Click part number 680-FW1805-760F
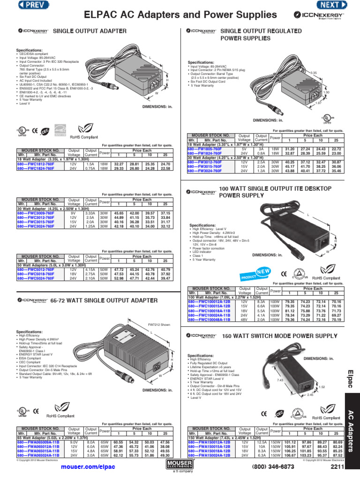point(204,149)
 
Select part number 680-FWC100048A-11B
point(210,320)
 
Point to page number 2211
point(337,467)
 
